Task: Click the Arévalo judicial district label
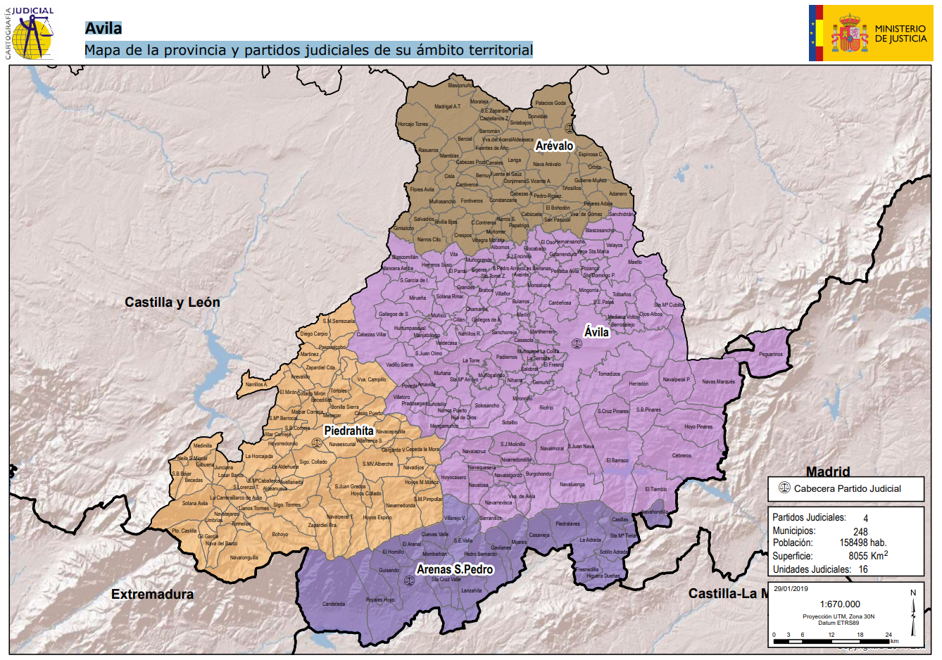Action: pos(554,146)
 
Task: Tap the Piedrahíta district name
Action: pos(348,431)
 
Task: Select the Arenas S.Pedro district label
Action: pos(455,569)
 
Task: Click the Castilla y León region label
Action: pos(172,303)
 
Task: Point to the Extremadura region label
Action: pos(152,595)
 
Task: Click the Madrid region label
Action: pos(828,471)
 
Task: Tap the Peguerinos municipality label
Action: pos(771,355)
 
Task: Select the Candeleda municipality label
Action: pos(334,604)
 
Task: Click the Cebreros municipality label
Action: pos(682,455)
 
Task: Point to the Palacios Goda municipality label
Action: pos(551,103)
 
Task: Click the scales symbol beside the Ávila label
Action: pos(577,344)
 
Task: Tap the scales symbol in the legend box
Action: pos(784,488)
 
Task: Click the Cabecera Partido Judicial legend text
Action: pos(847,488)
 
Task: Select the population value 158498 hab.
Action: pos(862,542)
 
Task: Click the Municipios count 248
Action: pos(860,532)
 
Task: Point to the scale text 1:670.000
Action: pos(840,604)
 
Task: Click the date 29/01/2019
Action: pos(791,589)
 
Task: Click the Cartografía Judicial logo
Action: pos(32,32)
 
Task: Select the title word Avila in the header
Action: pos(103,28)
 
